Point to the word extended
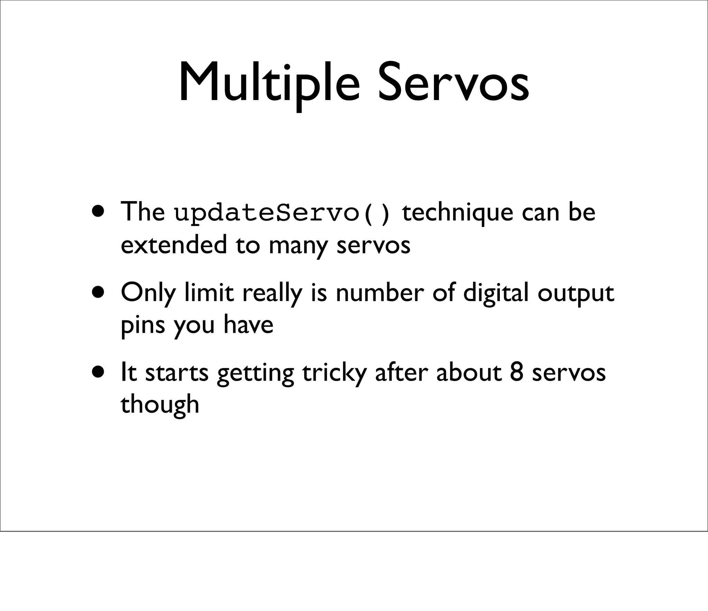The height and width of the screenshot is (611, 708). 174,245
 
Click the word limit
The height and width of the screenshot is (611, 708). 209,293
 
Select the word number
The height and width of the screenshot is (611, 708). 380,293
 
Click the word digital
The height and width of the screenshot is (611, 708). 496,293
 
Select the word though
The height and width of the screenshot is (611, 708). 160,405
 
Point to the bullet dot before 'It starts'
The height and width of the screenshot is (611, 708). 99,372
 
